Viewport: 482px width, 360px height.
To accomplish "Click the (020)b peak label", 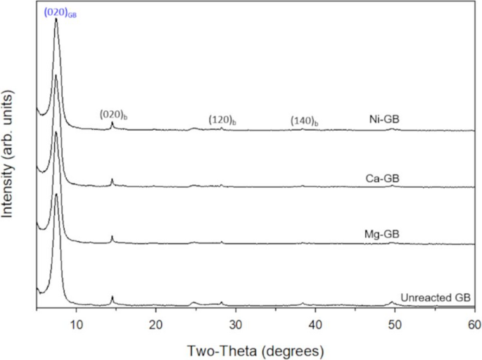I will tap(113, 113).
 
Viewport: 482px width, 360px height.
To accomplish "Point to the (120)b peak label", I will tap(222, 120).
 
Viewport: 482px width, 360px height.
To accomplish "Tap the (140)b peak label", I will tap(304, 122).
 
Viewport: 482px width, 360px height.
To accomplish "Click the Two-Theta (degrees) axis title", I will tap(255, 349).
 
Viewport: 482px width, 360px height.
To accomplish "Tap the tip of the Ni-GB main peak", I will tap(56, 20).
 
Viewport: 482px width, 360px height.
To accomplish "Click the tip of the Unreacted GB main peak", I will tap(56, 194).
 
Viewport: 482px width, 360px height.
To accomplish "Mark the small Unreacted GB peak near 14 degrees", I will tap(112, 297).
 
